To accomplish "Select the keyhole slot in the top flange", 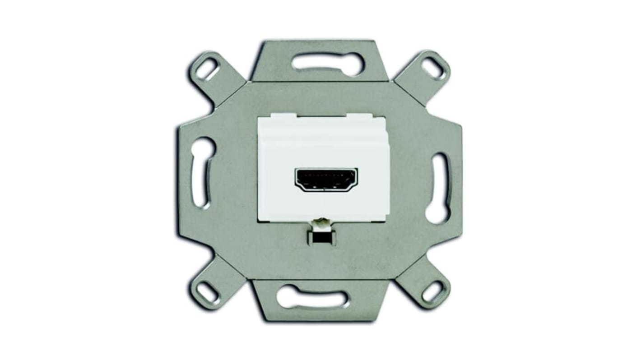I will (x=327, y=64).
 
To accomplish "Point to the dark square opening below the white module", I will (x=321, y=237).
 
